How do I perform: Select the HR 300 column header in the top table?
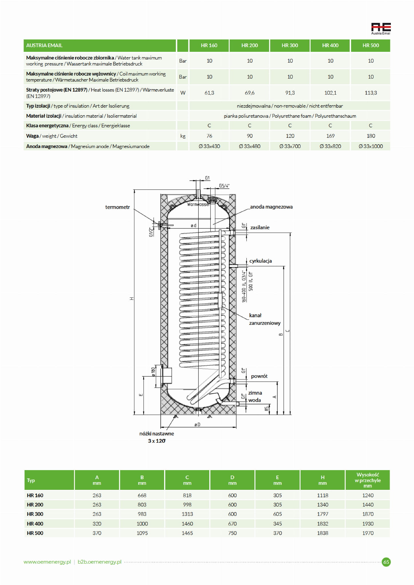coord(290,45)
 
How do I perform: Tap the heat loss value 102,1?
coord(330,93)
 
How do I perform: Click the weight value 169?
coord(330,136)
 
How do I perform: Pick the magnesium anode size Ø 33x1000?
coord(371,146)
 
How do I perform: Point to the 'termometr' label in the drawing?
coord(118,207)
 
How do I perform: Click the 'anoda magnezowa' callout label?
coord(271,207)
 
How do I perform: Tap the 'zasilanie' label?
coord(260,227)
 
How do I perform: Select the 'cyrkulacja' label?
coord(260,261)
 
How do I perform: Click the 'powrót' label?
coord(259,376)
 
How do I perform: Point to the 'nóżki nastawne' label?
coord(156,434)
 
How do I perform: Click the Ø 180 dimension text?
coord(153,372)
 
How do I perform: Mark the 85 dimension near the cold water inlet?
coord(267,409)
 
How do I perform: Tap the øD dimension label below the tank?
coord(197,425)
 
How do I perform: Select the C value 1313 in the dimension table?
coord(187,514)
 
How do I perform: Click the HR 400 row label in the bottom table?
coord(35,524)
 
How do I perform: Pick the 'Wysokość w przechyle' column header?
coord(367,480)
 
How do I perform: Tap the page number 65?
coord(386,562)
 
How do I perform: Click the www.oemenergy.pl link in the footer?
coord(47,562)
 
